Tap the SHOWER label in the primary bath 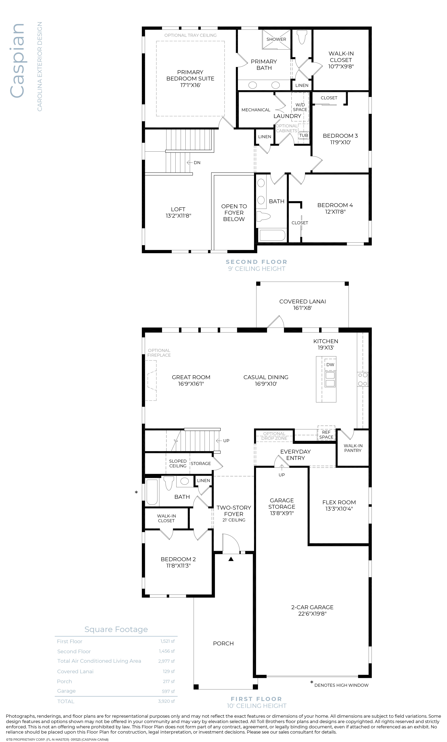(276, 39)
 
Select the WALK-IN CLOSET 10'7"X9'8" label (341, 60)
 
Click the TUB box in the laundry (303, 135)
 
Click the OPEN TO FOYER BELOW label (234, 213)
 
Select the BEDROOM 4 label (335, 205)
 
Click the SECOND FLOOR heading (256, 262)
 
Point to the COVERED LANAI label (302, 301)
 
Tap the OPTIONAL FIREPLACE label (159, 353)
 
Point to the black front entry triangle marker (231, 559)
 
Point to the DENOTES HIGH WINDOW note (341, 685)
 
